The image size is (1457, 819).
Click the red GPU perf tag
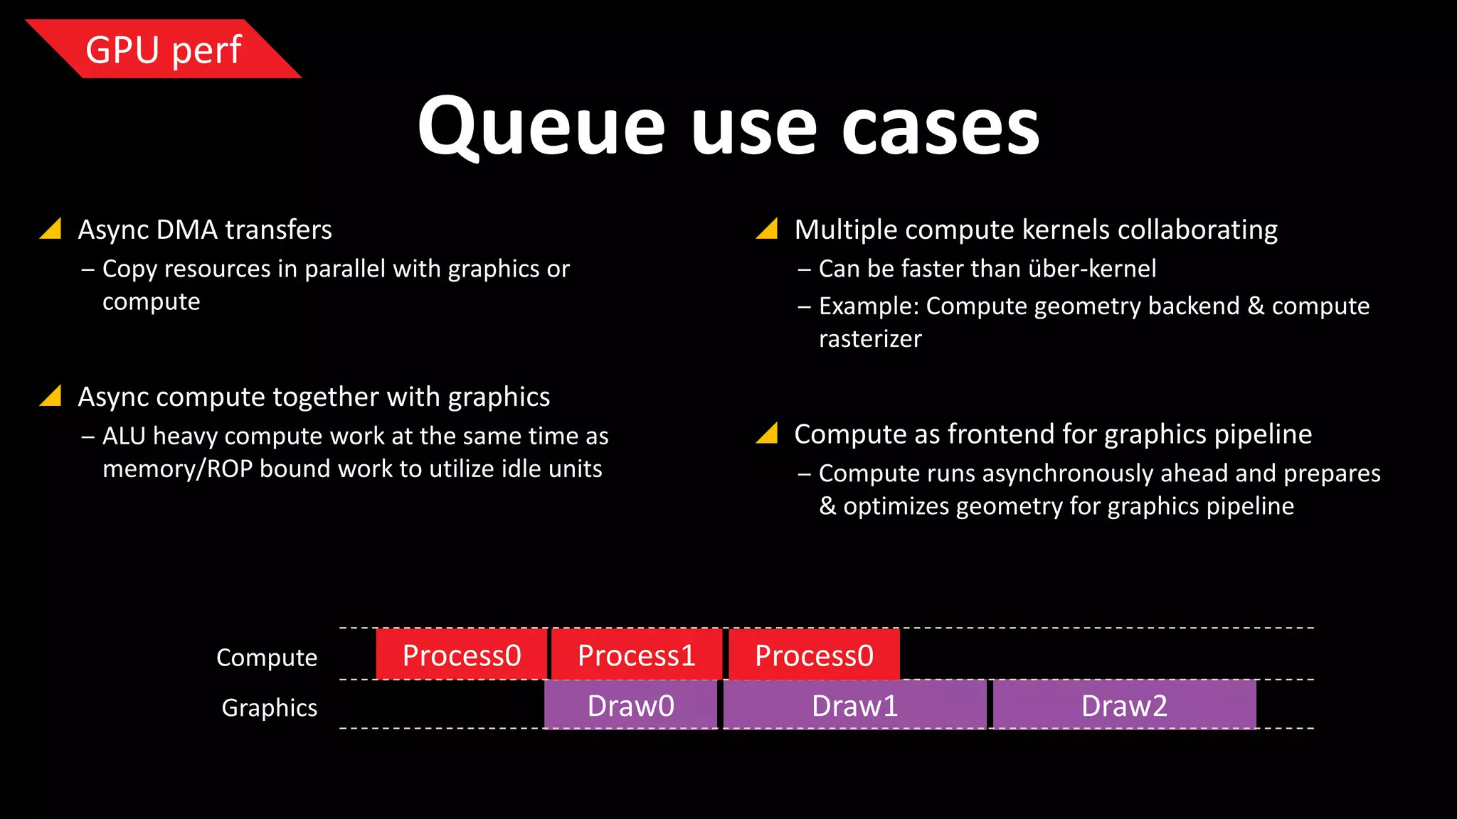(x=164, y=50)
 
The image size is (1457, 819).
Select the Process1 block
(x=637, y=655)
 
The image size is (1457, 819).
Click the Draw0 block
(x=630, y=705)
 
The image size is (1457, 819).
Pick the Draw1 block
(x=854, y=705)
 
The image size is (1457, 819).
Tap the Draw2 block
(x=1124, y=705)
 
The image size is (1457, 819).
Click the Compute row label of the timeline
(x=267, y=658)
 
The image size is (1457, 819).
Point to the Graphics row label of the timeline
(x=269, y=707)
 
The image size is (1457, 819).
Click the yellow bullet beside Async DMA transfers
(x=52, y=229)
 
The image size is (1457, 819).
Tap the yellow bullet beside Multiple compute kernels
(x=768, y=229)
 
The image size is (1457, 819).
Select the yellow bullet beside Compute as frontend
(x=768, y=433)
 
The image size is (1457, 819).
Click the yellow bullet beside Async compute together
(x=52, y=396)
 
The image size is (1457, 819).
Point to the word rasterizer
(x=870, y=339)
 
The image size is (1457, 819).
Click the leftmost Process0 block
(x=462, y=655)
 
